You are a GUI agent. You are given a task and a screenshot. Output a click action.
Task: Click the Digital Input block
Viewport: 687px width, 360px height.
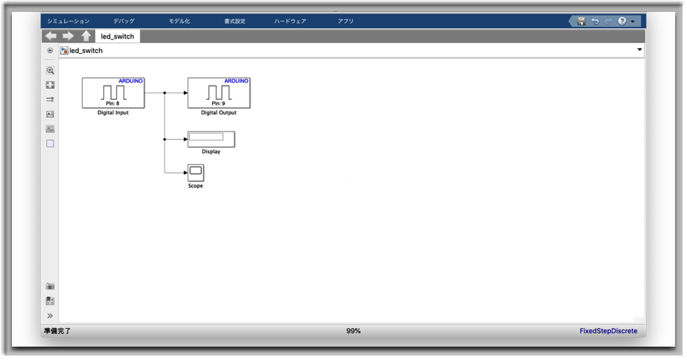click(113, 93)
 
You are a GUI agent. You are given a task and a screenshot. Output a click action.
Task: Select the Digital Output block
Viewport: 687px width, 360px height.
click(219, 93)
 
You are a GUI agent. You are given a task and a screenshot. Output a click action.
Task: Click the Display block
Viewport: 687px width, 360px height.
click(211, 139)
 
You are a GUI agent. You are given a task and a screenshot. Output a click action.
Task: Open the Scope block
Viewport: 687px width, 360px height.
click(196, 173)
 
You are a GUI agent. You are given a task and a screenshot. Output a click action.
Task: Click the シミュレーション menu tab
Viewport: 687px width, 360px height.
click(68, 21)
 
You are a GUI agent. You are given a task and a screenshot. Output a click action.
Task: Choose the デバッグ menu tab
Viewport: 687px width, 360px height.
click(124, 21)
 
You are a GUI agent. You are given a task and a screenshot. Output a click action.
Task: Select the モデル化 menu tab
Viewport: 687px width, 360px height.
click(179, 21)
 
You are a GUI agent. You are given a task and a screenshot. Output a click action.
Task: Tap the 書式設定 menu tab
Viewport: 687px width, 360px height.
click(235, 21)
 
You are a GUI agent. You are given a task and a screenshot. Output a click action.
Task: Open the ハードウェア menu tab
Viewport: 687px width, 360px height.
click(290, 21)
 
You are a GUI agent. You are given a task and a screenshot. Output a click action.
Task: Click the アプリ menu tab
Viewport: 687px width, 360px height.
click(345, 21)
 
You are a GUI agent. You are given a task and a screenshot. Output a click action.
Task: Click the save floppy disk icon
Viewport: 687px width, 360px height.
click(581, 21)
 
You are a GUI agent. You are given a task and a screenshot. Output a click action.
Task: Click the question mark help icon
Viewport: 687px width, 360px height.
click(622, 21)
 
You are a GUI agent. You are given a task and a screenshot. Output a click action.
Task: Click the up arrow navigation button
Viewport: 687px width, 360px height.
click(86, 36)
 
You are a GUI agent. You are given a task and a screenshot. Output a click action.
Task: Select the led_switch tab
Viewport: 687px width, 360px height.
click(118, 36)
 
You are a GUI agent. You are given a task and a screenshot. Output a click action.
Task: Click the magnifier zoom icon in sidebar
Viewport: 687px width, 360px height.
click(51, 71)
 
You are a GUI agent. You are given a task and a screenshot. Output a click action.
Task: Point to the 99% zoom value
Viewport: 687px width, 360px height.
click(354, 331)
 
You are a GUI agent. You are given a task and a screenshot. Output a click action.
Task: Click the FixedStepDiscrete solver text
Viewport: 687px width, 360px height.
click(609, 331)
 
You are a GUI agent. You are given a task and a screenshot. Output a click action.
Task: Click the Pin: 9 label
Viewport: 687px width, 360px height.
click(218, 103)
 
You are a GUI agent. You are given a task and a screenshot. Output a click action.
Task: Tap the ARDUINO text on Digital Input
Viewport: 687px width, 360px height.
click(130, 81)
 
